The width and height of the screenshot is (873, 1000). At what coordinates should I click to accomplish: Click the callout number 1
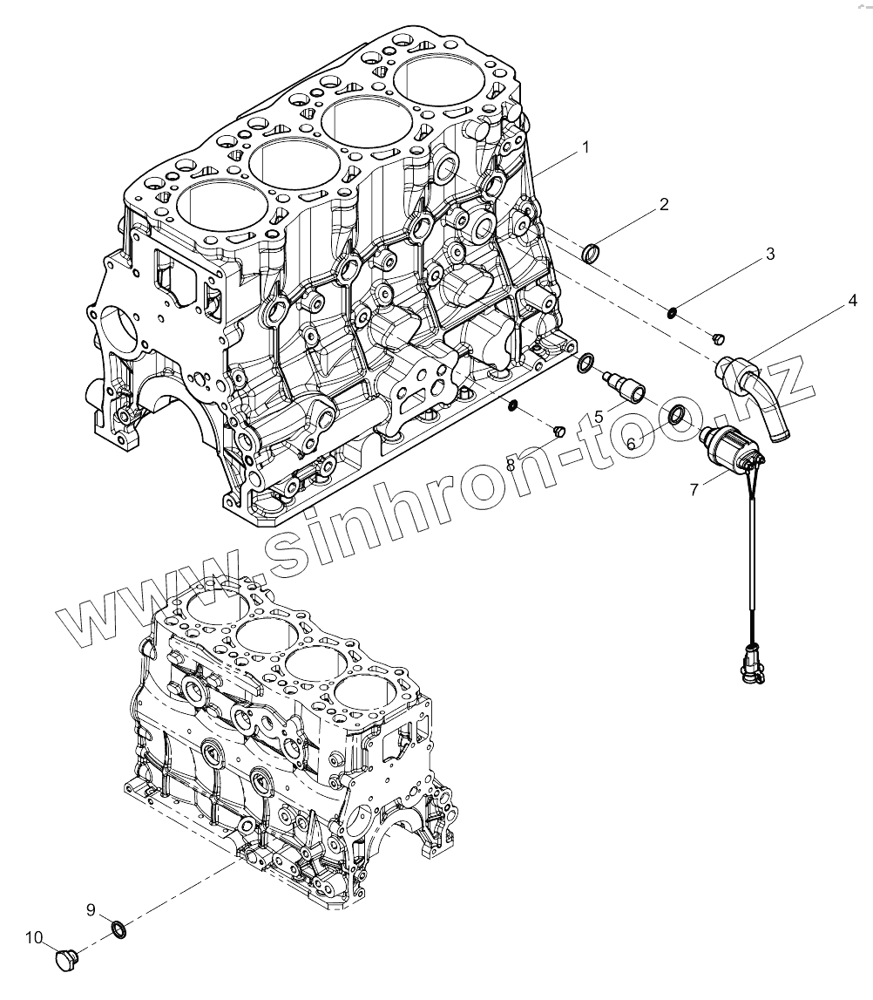(x=585, y=148)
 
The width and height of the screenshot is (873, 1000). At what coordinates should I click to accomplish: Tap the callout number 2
(x=664, y=205)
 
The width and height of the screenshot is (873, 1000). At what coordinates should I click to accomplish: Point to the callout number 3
(x=769, y=255)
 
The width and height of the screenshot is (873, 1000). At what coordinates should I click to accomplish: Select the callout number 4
(x=852, y=301)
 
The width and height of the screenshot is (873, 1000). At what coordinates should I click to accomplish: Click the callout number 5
(x=600, y=418)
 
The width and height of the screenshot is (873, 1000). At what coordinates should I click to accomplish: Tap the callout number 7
(x=694, y=490)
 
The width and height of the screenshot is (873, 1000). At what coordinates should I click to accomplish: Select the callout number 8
(x=535, y=466)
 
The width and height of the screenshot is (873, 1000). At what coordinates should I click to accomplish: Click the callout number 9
(x=91, y=910)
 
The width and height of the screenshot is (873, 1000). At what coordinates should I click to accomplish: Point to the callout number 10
(x=34, y=938)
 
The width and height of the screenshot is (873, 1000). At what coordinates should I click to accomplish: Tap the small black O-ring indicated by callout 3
(x=673, y=311)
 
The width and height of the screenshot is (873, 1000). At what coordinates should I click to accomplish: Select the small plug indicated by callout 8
(x=560, y=431)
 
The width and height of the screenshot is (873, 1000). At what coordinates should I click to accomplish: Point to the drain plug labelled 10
(x=64, y=960)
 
